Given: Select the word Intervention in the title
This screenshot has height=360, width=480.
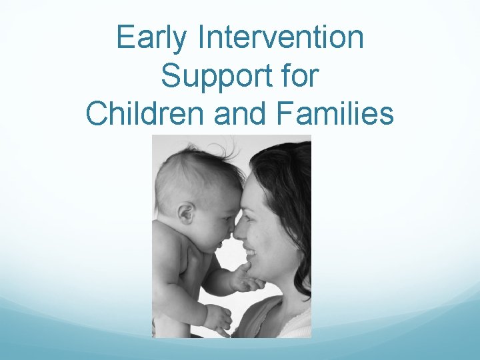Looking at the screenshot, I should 281,37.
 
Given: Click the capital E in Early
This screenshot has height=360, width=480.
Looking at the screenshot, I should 125,37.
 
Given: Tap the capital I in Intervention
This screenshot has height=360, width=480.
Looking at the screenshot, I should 202,37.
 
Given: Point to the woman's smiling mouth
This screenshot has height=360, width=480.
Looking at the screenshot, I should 251,254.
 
